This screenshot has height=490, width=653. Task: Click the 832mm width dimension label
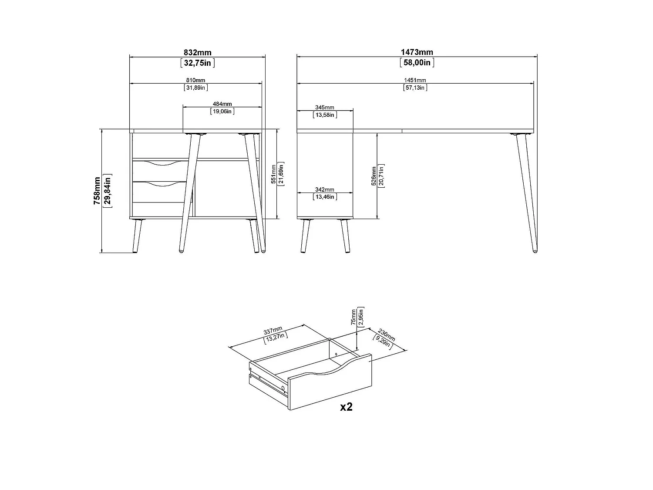[x=198, y=53]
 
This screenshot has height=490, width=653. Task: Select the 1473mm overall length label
[x=417, y=52]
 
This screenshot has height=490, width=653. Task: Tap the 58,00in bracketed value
[x=417, y=62]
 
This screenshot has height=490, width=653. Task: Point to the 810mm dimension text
[x=195, y=80]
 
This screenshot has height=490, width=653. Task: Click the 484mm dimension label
[x=222, y=104]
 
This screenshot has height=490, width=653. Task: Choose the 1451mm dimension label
[x=415, y=80]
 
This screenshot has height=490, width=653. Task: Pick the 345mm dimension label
[x=325, y=108]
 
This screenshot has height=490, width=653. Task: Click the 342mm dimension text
[x=325, y=189]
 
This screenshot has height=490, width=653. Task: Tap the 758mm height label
[x=97, y=191]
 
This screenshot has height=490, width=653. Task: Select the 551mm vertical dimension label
[x=273, y=174]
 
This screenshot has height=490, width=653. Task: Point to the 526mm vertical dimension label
[x=374, y=176]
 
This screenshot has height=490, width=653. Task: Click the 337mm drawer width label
[x=273, y=331]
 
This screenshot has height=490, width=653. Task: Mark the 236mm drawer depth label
[x=387, y=335]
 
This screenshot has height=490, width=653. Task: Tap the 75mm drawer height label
[x=353, y=317]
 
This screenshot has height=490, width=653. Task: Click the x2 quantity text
[x=346, y=407]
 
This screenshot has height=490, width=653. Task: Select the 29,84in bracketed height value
[x=108, y=191]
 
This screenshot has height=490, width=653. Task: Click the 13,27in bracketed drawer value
[x=276, y=338]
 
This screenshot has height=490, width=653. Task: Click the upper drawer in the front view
[x=161, y=171]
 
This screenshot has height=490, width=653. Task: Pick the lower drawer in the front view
[x=160, y=192]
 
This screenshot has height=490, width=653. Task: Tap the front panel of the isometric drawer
[x=330, y=383]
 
